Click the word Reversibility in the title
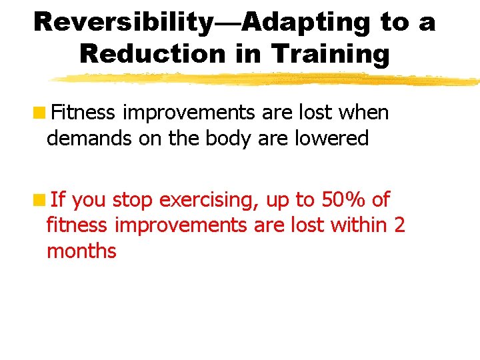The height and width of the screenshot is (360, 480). (122, 21)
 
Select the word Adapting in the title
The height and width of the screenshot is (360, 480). (307, 21)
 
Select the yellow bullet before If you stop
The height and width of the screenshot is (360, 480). (41, 199)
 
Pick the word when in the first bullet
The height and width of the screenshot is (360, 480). (363, 113)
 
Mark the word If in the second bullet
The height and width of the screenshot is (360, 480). (57, 199)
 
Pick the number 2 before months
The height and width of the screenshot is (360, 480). (399, 225)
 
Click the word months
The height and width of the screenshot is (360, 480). (81, 251)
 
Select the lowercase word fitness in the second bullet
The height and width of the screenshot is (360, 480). (77, 225)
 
